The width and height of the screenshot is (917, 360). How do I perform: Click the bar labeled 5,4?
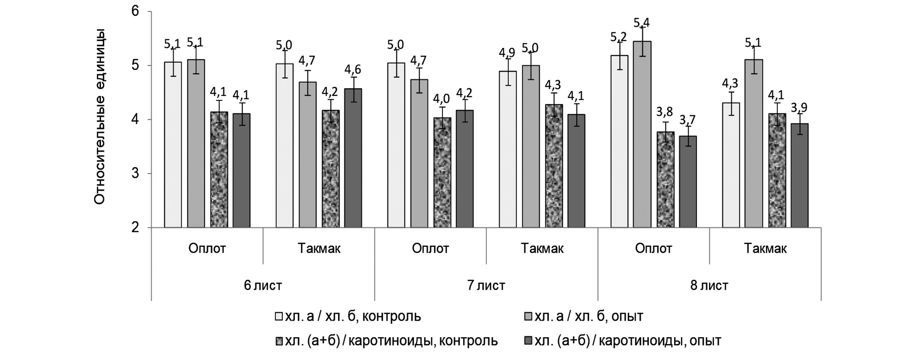[642, 134]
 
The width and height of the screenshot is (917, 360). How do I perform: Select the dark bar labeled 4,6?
[353, 158]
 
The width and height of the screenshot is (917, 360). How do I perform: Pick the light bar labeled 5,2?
[620, 141]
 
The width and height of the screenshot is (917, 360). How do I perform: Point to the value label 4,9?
[507, 53]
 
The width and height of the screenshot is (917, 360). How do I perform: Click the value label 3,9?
[799, 108]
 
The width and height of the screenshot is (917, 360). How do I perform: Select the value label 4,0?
[442, 99]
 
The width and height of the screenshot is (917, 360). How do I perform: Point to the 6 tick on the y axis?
[135, 11]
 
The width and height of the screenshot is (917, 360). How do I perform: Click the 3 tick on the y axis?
[135, 174]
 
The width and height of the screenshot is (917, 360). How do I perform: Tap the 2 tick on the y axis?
[135, 228]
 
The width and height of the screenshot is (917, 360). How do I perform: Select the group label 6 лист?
[263, 286]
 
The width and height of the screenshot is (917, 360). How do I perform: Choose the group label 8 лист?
[709, 286]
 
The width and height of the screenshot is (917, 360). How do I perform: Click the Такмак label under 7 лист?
[542, 249]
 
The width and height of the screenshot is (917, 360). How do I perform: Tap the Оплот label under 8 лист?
[653, 249]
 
